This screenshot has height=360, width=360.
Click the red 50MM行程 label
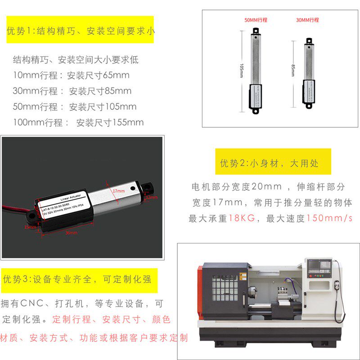256,20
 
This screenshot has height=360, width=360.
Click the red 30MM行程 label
307,20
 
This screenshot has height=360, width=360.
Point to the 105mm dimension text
242,71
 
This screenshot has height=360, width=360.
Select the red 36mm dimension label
71,233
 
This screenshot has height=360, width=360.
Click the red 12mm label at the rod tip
152,197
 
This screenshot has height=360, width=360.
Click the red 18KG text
242,219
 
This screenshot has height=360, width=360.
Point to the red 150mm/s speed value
329,219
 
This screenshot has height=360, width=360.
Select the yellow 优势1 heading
80,31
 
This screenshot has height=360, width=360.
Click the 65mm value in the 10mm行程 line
116,75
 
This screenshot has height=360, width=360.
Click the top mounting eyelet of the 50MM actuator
256,31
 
